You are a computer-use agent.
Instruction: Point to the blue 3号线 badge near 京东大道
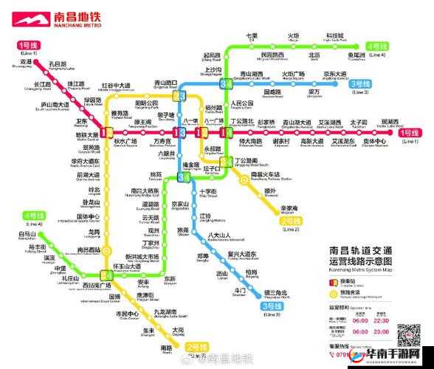click(362, 83)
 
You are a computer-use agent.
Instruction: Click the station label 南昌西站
click(90, 250)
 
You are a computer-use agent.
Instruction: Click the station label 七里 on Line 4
click(252, 36)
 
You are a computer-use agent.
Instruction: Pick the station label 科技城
click(334, 36)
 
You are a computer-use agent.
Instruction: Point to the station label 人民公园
click(242, 103)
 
